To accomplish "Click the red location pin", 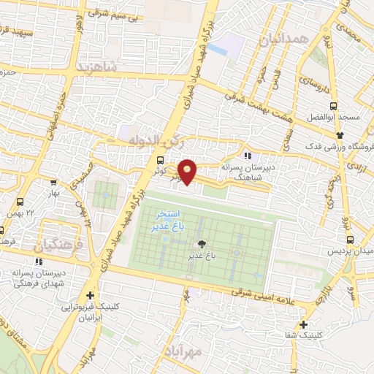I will click(188, 171).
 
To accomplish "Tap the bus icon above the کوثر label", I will click(160, 160).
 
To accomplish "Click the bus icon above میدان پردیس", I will click(349, 240).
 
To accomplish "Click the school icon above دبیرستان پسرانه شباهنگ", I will click(248, 156).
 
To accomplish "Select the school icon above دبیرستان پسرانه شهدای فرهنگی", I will click(39, 262).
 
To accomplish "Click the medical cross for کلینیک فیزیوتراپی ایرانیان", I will click(90, 296).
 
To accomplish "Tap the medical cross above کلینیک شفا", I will click(303, 324).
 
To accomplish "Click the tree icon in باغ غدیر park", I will click(202, 244).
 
